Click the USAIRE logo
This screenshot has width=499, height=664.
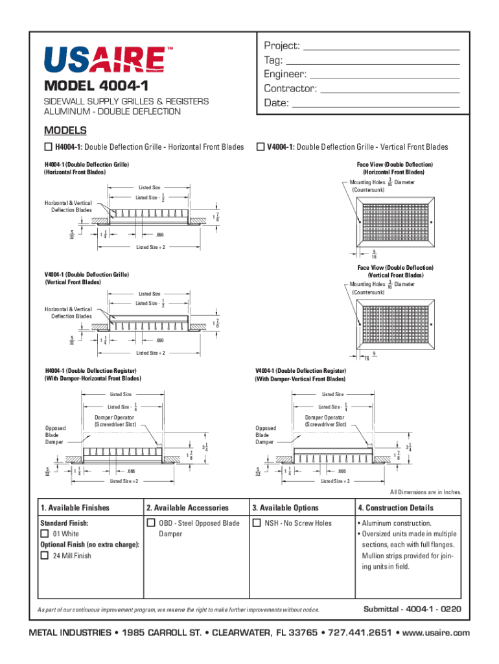pos(104,60)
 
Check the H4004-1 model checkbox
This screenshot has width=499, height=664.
pos(47,147)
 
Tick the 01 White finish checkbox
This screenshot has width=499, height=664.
pos(45,534)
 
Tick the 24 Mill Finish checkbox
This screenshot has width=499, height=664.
pos(45,556)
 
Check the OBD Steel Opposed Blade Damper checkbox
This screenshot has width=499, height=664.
pos(151,523)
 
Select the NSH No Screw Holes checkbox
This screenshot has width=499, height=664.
pos(257,523)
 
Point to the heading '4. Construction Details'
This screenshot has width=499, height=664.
pos(395,508)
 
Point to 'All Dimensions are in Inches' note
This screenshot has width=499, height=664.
pos(426,492)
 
